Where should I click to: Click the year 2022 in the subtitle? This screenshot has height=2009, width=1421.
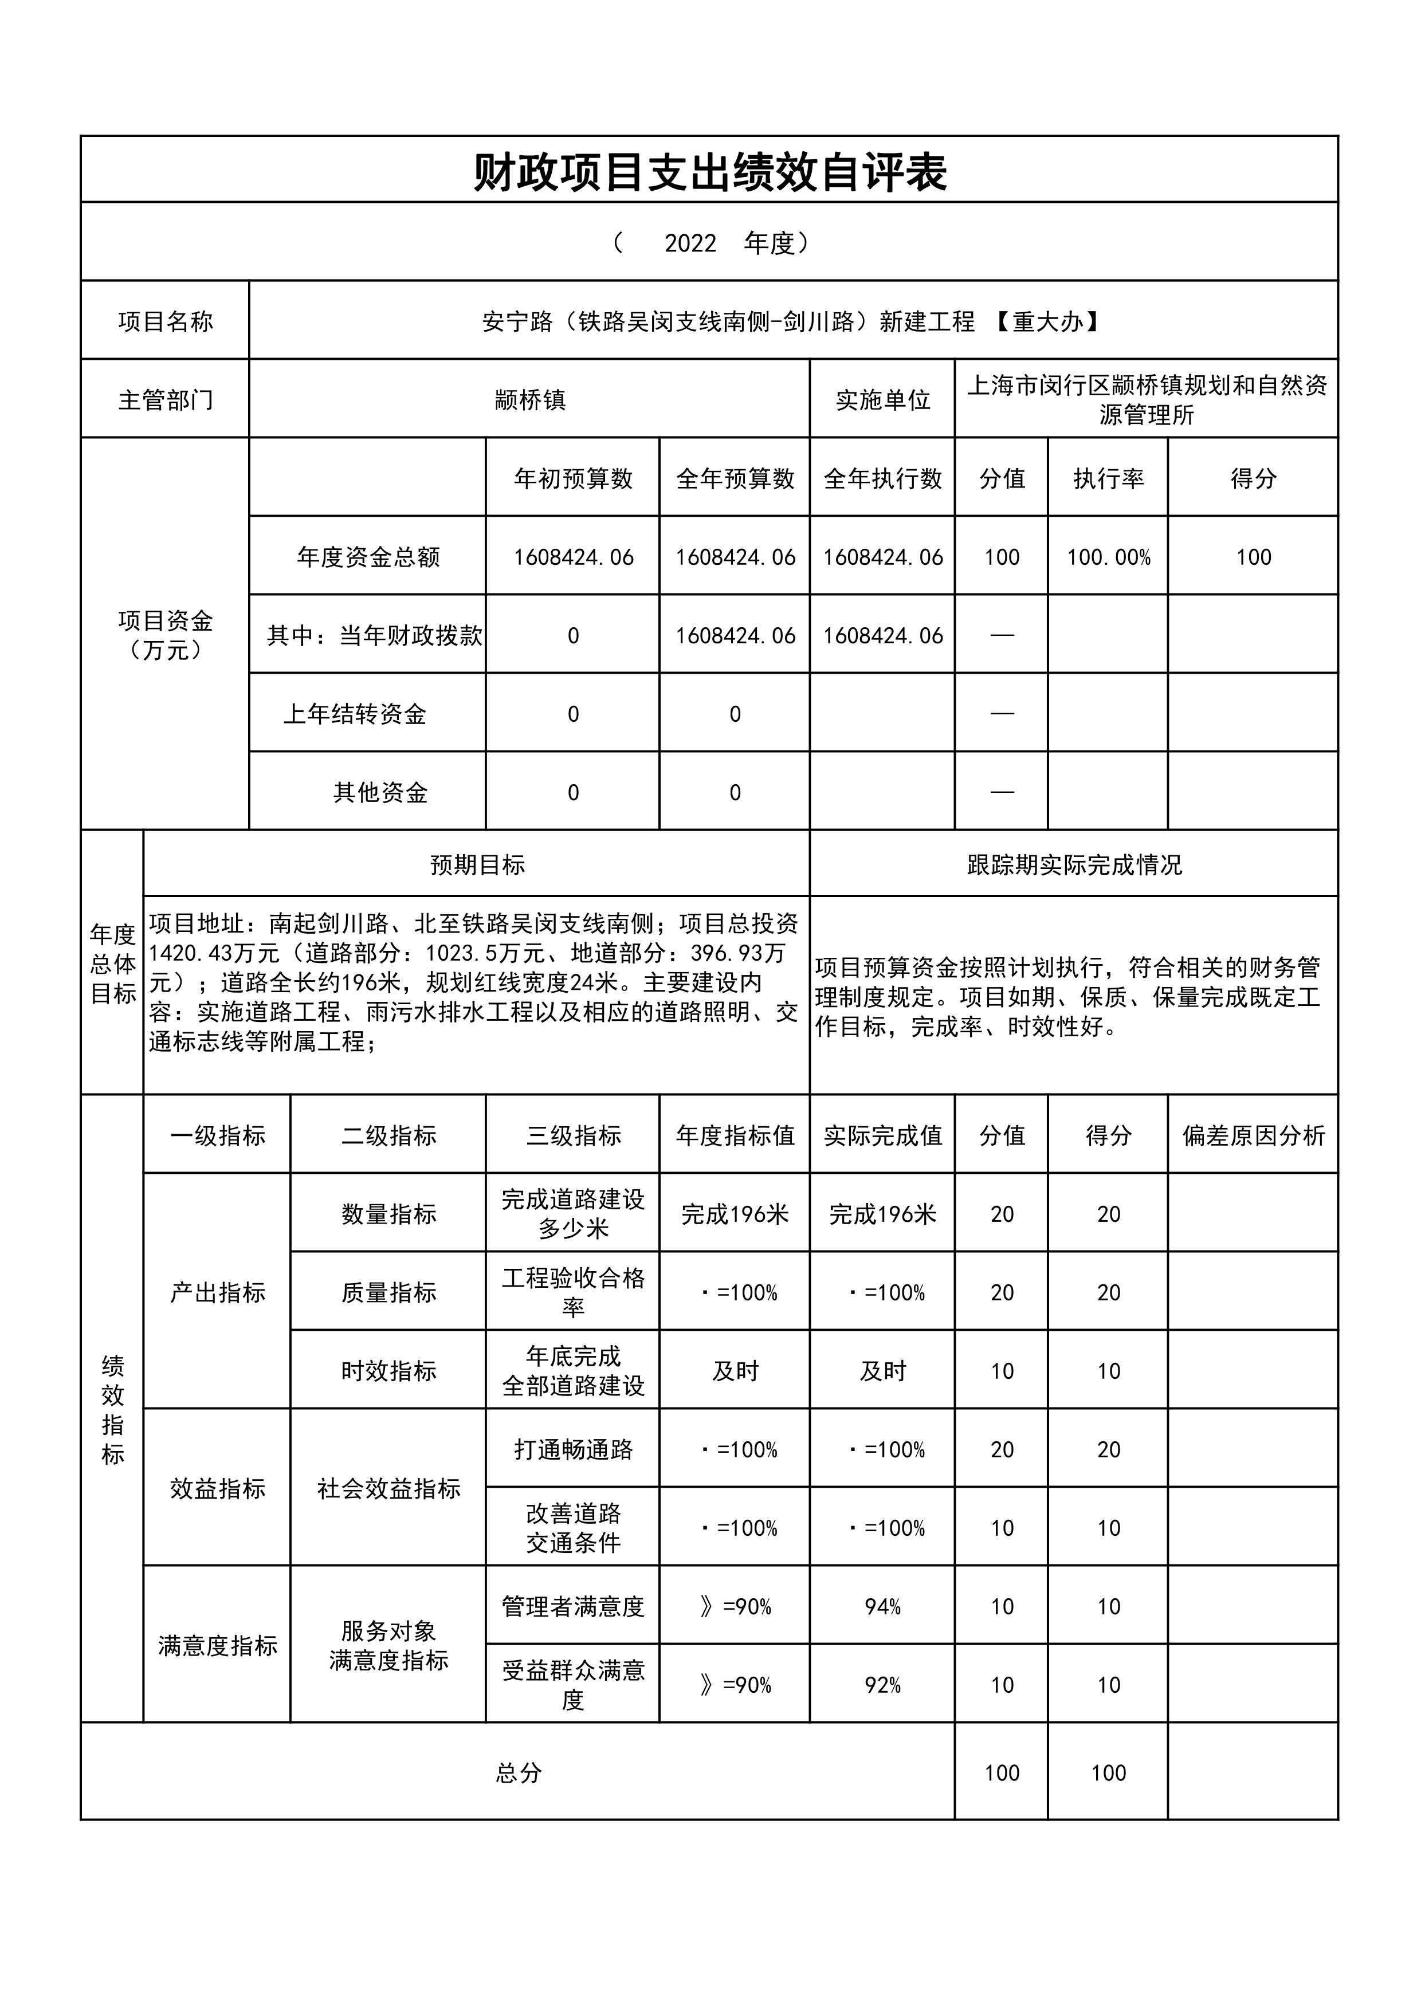pos(690,243)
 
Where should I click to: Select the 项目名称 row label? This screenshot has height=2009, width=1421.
pos(166,322)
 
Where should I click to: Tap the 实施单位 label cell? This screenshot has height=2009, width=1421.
pos(882,400)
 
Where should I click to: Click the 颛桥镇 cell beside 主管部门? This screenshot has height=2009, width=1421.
pos(530,400)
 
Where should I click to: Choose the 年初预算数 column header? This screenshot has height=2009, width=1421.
pos(573,479)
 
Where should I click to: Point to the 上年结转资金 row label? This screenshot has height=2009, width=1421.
pos(354,714)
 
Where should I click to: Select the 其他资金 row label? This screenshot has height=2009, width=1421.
pos(380,793)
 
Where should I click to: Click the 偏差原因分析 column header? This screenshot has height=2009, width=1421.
pos(1253,1136)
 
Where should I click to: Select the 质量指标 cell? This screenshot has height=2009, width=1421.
pos(388,1292)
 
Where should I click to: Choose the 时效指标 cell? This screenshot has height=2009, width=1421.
pos(388,1371)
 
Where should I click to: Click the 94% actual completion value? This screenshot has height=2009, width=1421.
pos(882,1606)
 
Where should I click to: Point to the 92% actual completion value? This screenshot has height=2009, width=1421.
pos(882,1685)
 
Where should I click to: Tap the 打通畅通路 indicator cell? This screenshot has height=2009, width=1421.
pos(573,1450)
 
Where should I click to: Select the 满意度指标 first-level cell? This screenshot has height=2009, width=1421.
pos(217,1646)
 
